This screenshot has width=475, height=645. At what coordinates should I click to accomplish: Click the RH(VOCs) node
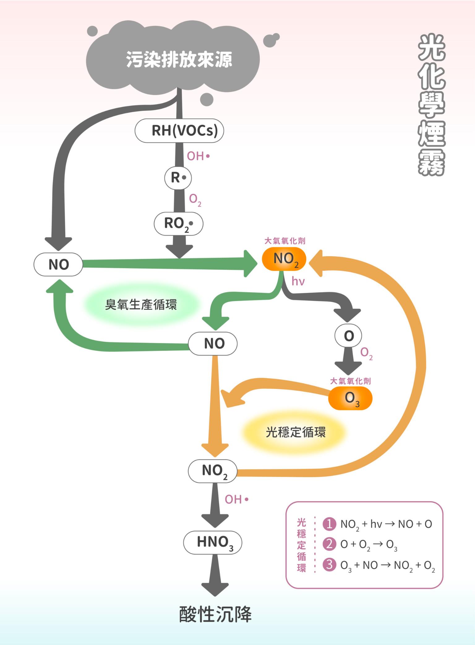179,131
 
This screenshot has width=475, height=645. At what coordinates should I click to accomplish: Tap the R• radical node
178,178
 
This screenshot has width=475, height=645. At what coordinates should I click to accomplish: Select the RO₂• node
178,224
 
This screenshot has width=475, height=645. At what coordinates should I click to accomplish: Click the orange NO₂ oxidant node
284,259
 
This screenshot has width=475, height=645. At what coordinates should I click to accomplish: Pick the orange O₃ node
350,398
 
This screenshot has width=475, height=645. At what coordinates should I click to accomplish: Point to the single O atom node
348,336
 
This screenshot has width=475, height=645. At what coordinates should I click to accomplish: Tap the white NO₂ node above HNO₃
213,471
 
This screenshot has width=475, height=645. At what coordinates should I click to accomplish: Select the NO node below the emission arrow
58,264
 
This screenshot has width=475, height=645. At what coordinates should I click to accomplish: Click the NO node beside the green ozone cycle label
213,343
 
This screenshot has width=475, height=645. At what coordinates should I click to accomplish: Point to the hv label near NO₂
298,281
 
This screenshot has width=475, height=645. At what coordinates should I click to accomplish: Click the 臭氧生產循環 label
141,305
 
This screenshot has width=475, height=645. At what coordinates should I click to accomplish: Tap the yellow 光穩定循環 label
296,432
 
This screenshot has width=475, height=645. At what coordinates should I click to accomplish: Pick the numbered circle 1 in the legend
329,524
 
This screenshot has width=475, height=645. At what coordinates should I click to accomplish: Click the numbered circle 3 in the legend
329,564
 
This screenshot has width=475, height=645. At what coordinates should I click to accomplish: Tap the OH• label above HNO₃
237,499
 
